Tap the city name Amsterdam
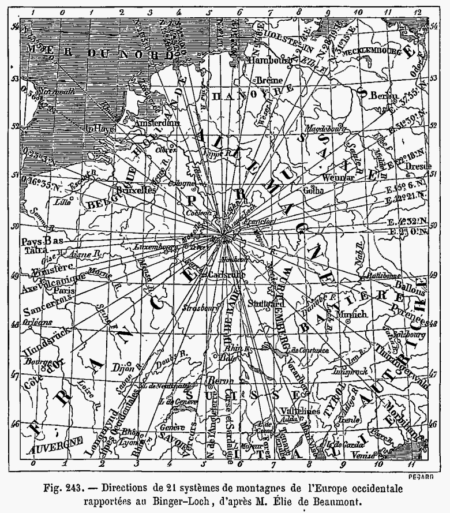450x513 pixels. click(x=154, y=123)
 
